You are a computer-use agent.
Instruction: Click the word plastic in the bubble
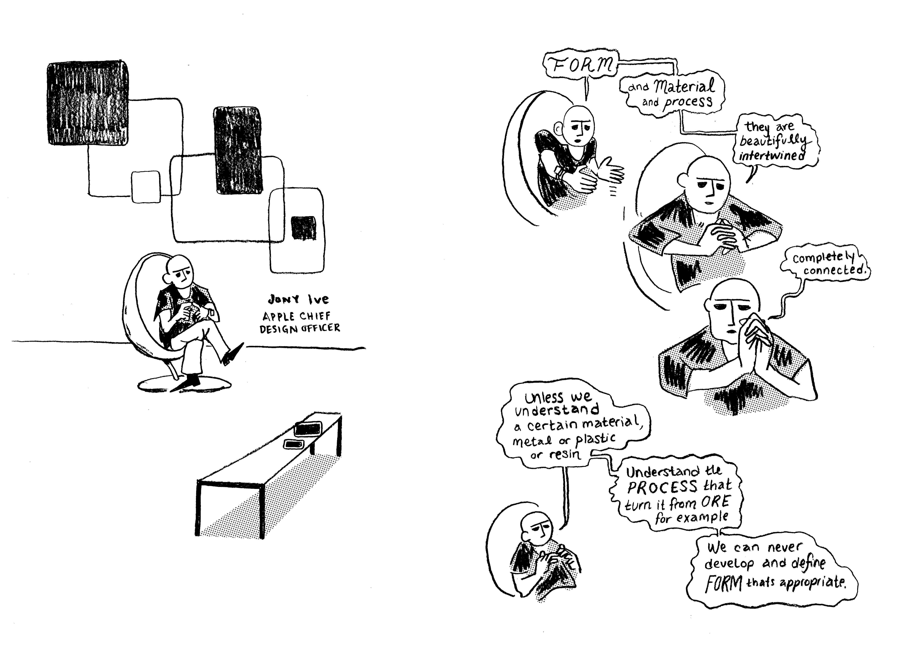coord(595,440)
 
